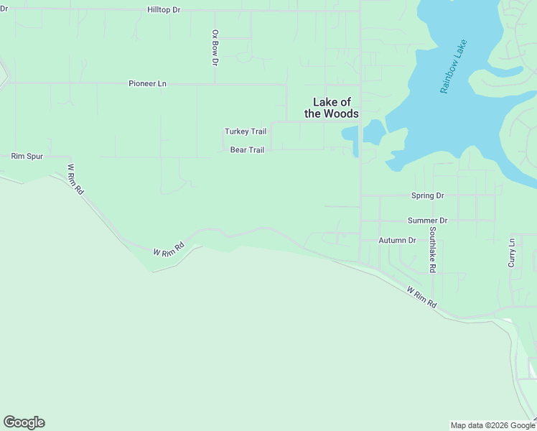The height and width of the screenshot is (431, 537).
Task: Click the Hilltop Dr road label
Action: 163,9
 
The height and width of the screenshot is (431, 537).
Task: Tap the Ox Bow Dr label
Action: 215,47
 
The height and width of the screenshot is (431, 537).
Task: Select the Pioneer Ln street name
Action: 147,83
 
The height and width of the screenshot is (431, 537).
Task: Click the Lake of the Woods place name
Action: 331,108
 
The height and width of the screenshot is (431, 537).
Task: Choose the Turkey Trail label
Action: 246,131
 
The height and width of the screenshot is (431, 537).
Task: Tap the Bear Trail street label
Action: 247,150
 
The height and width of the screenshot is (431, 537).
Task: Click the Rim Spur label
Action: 27,156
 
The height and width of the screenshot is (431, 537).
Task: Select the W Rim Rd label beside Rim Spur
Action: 75,180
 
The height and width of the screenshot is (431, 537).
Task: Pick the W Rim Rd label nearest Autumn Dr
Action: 421,297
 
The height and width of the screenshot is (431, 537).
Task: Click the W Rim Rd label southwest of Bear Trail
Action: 169,249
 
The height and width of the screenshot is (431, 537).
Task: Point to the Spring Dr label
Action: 428,195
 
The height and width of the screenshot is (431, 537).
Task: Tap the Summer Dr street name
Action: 427,221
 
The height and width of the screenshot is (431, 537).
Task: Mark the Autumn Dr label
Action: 397,240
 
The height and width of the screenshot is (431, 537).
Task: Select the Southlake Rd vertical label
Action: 433,250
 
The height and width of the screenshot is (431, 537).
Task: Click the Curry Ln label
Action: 512,253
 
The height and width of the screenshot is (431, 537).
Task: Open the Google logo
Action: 24,422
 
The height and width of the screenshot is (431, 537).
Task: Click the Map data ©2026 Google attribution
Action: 493,425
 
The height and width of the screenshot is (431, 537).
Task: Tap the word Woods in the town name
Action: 341,113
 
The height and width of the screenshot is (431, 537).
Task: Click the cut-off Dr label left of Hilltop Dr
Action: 4,10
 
